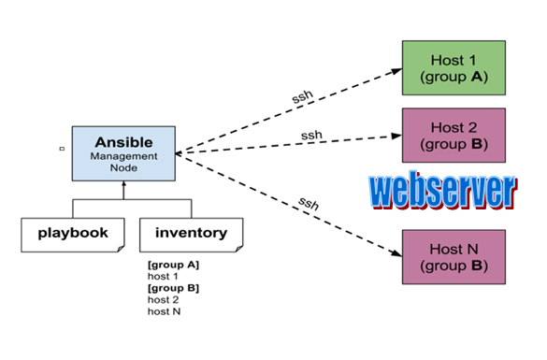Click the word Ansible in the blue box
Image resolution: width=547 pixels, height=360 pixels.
123,142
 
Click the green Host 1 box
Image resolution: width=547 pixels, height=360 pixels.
453,67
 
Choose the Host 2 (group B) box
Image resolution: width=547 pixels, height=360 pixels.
453,136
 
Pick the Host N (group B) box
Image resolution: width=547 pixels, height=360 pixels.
453,257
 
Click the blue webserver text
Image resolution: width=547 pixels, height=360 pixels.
441,192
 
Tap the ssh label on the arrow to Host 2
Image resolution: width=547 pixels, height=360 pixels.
311,135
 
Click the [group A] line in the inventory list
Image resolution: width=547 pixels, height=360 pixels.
173,266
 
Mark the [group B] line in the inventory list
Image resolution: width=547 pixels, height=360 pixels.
173,288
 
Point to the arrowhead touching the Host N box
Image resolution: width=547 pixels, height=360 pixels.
396,252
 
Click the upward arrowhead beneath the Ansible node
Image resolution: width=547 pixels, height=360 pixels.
122,185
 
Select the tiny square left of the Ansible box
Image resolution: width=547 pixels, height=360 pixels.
62,148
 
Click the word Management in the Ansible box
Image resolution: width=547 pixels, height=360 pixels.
123,156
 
